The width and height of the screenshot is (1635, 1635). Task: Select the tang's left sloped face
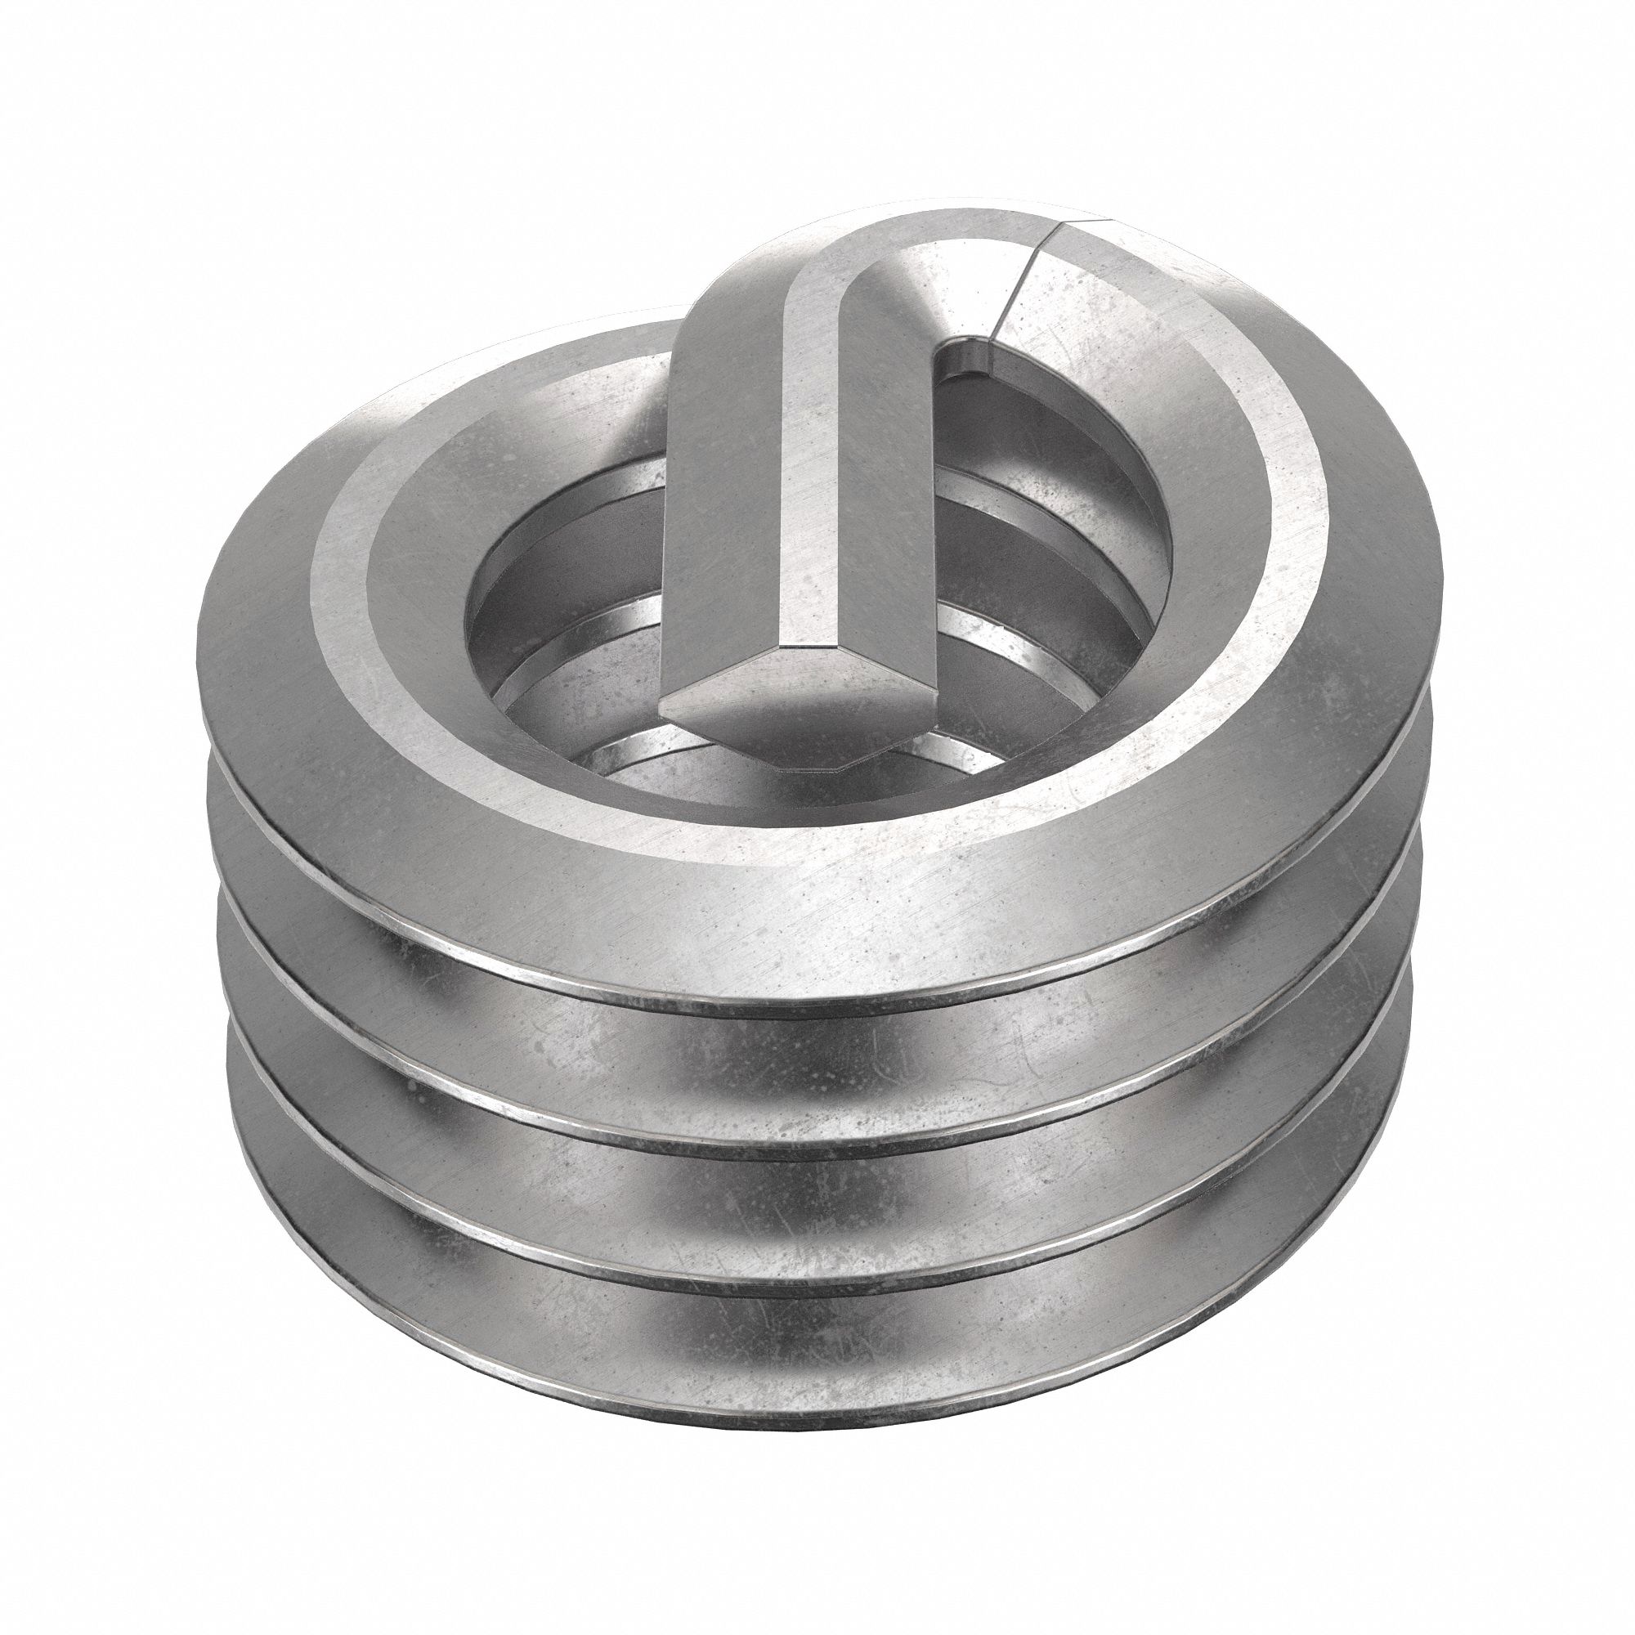tap(719, 474)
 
